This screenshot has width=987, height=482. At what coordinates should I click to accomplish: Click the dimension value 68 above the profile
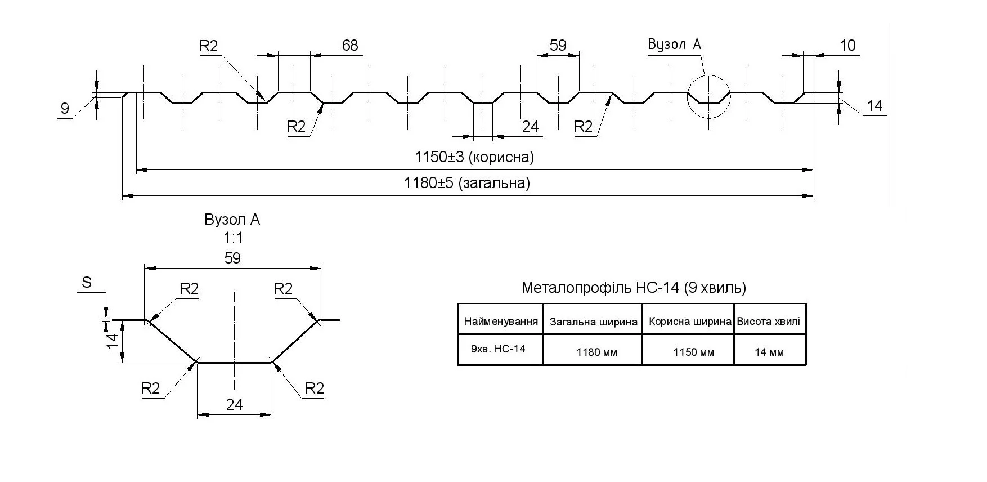point(349,45)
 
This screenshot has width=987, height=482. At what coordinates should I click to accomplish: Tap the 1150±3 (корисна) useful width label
point(474,157)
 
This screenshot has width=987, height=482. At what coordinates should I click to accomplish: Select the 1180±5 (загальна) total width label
point(467,183)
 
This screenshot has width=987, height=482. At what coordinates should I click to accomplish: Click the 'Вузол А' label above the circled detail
point(674,44)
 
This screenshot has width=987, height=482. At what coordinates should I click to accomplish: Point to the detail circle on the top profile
point(708,96)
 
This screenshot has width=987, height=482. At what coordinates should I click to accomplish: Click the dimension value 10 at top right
point(847,45)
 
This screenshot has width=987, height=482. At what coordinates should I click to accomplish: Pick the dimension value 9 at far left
point(65,108)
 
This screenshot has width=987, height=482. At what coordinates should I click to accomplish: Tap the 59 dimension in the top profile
point(558,45)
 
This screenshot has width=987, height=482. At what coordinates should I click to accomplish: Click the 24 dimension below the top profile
point(530,127)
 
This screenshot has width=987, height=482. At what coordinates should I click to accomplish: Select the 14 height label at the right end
point(874,106)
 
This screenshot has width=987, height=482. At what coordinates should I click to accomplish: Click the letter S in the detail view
point(87,282)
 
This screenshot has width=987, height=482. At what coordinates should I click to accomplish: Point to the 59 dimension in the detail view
point(232,258)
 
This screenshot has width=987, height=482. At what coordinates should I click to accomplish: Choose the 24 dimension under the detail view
point(234,404)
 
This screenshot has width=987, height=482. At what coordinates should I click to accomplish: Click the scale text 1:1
point(232,238)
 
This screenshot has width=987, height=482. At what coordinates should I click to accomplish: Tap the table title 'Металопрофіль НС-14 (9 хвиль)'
point(634,288)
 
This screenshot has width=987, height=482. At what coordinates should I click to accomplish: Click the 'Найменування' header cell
point(501,322)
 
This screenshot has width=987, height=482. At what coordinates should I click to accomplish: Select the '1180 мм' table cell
point(596,352)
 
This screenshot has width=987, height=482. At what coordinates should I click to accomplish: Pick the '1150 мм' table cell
point(693,352)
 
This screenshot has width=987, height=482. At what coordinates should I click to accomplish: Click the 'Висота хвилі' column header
point(768,322)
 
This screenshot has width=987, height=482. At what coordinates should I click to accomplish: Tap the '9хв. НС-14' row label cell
point(498,349)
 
